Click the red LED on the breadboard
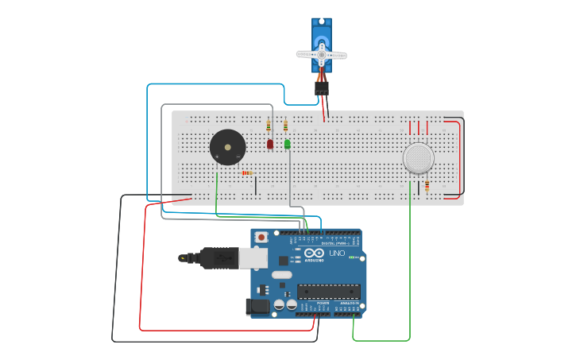pyautogui.click(x=270, y=144)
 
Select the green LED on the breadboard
pyautogui.click(x=288, y=144)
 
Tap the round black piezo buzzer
pyautogui.click(x=227, y=148)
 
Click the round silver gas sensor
pyautogui.click(x=418, y=158)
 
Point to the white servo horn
pyautogui.click(x=322, y=55)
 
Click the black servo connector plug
pyautogui.click(x=321, y=88)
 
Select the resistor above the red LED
pyautogui.click(x=269, y=126)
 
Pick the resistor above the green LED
pyautogui.click(x=286, y=125)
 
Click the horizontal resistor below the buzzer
pyautogui.click(x=247, y=173)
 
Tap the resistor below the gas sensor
pyautogui.click(x=427, y=186)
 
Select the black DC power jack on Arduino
pyautogui.click(x=258, y=306)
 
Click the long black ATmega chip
pyautogui.click(x=328, y=291)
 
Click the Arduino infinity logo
pyautogui.click(x=314, y=253)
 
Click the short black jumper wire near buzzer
pyautogui.click(x=256, y=185)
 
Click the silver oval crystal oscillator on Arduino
pyautogui.click(x=281, y=275)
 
